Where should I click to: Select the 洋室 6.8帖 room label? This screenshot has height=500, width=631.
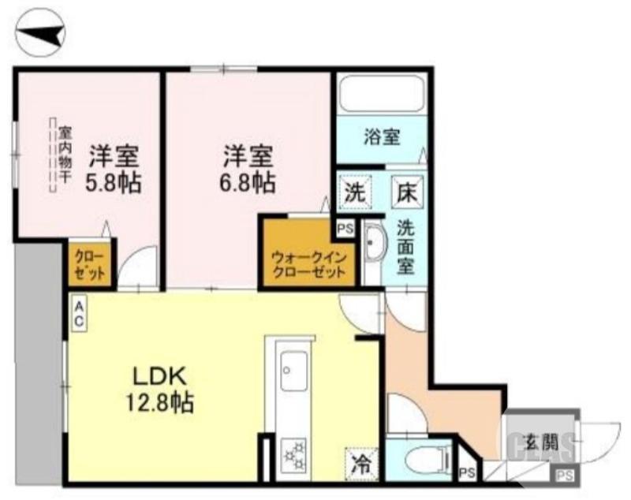pyautogui.click(x=247, y=170)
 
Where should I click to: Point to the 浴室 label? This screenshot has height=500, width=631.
pyautogui.click(x=382, y=136)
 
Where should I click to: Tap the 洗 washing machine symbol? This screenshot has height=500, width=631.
pyautogui.click(x=353, y=190)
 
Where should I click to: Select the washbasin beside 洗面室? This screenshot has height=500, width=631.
pyautogui.click(x=373, y=247)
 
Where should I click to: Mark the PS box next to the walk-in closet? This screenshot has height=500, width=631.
pyautogui.click(x=344, y=229)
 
